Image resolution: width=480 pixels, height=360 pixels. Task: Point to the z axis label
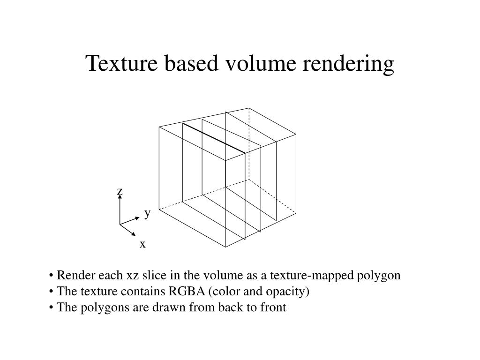(x=120, y=191)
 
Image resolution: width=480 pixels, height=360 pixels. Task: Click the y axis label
(x=147, y=214)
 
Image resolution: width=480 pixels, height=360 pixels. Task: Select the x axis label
(x=142, y=244)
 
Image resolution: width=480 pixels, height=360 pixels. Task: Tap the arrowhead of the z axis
(x=120, y=197)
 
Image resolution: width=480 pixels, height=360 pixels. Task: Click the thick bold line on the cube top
(x=214, y=138)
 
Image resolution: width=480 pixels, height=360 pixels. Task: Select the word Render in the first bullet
(x=72, y=275)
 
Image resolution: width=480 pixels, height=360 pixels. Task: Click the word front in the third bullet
(x=274, y=307)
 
